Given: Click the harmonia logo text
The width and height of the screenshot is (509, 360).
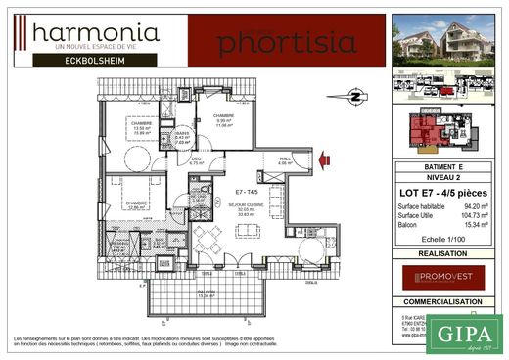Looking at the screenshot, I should [96, 35].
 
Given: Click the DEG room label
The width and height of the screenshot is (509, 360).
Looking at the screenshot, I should [196, 161].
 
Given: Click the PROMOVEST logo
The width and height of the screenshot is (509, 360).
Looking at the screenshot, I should [444, 277].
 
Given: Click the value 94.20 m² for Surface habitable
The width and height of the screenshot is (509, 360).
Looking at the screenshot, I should [477, 206].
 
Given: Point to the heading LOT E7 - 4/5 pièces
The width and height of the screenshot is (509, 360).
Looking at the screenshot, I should [444, 192].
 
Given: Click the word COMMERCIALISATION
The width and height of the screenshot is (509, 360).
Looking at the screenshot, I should [444, 303].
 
